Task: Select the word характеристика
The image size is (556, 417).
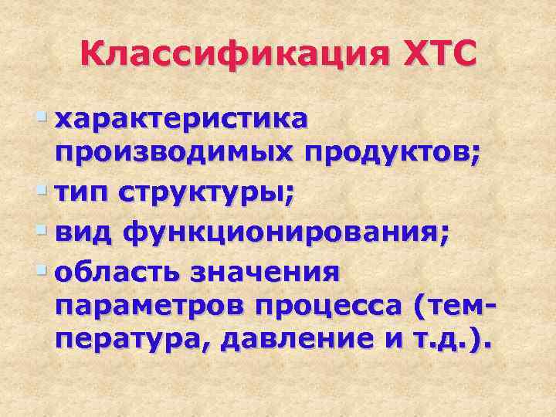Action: point(184,120)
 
